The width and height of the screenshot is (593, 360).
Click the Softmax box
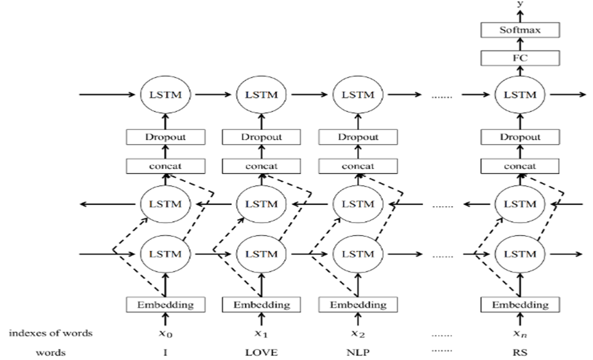(520, 30)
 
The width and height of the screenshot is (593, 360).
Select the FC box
(520, 58)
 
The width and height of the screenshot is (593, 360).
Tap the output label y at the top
(520, 4)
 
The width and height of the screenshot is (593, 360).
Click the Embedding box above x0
(165, 305)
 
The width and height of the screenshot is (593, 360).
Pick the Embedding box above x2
(358, 305)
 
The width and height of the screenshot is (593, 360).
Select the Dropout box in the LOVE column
(261, 137)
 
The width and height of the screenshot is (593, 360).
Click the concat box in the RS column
(520, 166)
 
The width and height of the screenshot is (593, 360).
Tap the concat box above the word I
(165, 166)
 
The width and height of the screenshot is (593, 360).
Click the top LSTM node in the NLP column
(358, 95)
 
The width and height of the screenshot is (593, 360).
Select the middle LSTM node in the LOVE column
(261, 204)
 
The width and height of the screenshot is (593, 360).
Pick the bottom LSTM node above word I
(165, 254)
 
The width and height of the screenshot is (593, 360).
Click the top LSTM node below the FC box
(520, 95)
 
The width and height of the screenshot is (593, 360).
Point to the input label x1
(261, 334)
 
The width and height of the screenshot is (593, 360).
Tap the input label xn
(520, 334)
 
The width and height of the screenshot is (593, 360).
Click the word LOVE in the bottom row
(261, 353)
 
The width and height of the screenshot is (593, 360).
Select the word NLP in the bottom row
(358, 353)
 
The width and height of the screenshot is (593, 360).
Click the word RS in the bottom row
(520, 353)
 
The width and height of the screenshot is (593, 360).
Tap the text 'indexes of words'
(50, 333)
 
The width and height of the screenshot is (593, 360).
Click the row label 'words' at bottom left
(50, 353)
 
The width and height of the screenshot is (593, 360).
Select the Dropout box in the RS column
(520, 137)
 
